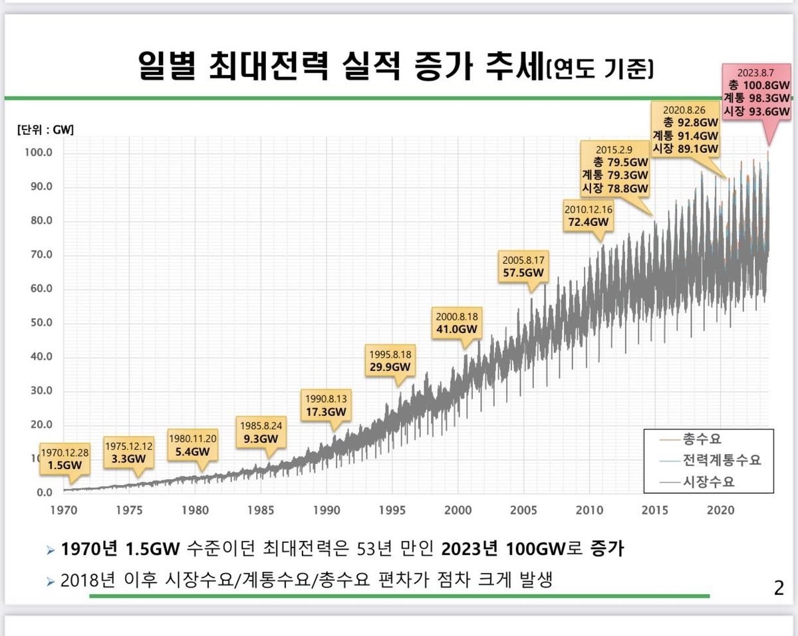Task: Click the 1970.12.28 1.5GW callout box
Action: pyautogui.click(x=61, y=459)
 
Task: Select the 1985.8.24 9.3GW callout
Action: pyautogui.click(x=260, y=432)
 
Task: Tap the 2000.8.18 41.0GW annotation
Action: pyautogui.click(x=456, y=322)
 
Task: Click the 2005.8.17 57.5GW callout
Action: pyautogui.click(x=523, y=266)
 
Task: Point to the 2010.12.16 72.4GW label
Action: pyautogui.click(x=589, y=215)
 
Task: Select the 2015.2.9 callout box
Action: pyautogui.click(x=614, y=169)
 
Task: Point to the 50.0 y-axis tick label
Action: pyautogui.click(x=41, y=323)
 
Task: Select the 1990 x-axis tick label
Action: pyautogui.click(x=327, y=510)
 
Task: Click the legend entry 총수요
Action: pyautogui.click(x=702, y=439)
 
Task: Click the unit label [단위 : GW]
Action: pyautogui.click(x=45, y=130)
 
